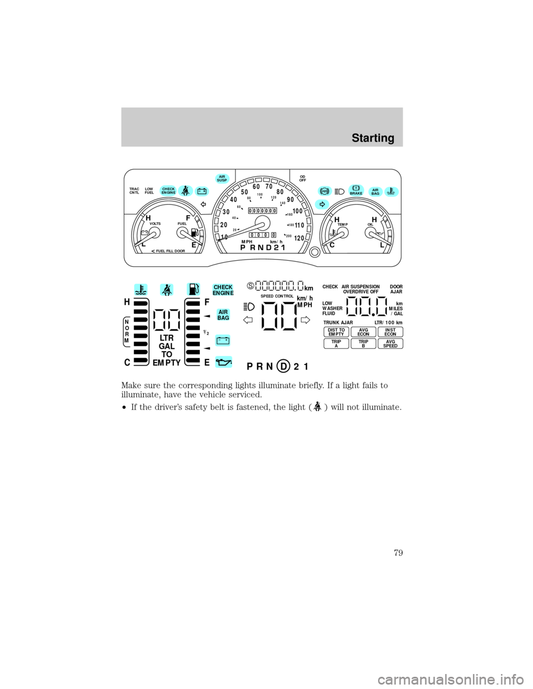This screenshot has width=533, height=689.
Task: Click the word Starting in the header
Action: point(373,138)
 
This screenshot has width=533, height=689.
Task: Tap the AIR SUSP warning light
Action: point(222,178)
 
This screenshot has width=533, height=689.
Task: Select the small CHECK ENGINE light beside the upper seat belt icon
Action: point(168,191)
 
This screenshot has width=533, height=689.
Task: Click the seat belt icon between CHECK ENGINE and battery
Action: point(185,191)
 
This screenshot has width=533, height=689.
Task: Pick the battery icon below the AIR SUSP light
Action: point(202,191)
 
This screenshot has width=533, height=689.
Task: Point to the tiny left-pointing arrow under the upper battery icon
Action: point(204,205)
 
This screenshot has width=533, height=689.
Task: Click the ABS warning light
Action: point(324,191)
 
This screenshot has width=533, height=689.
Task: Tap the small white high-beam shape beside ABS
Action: point(341,191)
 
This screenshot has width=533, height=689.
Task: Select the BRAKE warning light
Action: point(356,190)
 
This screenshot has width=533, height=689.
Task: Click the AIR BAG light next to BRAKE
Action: point(375,191)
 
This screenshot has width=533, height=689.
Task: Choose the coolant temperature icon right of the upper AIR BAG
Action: point(391,191)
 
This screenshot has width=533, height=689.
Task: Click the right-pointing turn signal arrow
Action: point(322,205)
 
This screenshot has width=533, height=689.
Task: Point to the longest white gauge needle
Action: point(242,231)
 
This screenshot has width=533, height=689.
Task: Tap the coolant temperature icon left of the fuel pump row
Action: point(141,290)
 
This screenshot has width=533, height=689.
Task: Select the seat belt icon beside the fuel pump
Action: point(167,290)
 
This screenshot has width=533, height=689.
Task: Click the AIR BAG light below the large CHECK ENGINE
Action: point(223,315)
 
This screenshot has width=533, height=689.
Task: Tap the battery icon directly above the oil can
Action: point(223,341)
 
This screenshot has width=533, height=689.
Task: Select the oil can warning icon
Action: point(224,362)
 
